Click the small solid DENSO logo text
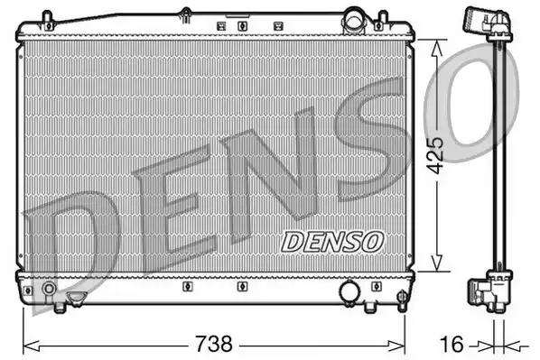click(x=333, y=241)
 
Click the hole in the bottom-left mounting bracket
click(x=30, y=291)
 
